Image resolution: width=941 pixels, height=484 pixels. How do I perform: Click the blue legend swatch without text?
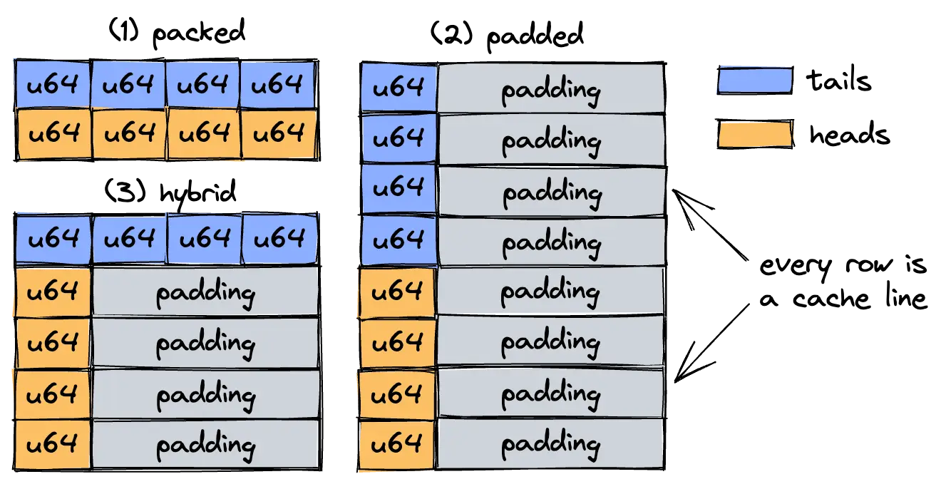(754, 79)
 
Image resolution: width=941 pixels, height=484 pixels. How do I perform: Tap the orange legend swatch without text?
(755, 134)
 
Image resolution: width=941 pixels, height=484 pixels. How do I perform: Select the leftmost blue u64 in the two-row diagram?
(53, 85)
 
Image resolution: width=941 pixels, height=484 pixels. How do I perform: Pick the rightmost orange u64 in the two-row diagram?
(278, 133)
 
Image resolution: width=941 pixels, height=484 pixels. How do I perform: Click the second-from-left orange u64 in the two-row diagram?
(128, 133)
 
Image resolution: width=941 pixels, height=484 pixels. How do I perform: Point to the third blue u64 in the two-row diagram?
(203, 85)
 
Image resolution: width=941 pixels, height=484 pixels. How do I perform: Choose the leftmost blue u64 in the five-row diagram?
(53, 239)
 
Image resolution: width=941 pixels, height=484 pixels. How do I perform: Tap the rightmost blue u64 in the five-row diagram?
(279, 239)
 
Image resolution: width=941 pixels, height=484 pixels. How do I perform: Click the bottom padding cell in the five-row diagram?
(205, 445)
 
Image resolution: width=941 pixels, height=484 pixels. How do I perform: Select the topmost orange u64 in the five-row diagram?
(52, 292)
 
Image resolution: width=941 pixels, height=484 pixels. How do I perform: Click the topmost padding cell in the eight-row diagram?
(551, 89)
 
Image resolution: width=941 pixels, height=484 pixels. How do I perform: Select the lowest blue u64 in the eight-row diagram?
(398, 241)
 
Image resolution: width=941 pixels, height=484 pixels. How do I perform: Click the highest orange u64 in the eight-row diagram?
(397, 292)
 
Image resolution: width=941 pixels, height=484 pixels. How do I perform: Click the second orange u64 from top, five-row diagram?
(52, 343)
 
